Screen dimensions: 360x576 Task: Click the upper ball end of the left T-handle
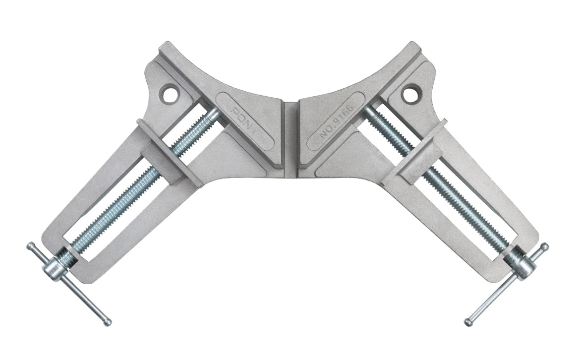pyautogui.click(x=31, y=246)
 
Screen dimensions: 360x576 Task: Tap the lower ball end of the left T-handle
pyautogui.click(x=108, y=322)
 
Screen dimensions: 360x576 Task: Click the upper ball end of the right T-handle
pyautogui.click(x=545, y=246)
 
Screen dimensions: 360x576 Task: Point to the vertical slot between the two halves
pyautogui.click(x=290, y=139)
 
